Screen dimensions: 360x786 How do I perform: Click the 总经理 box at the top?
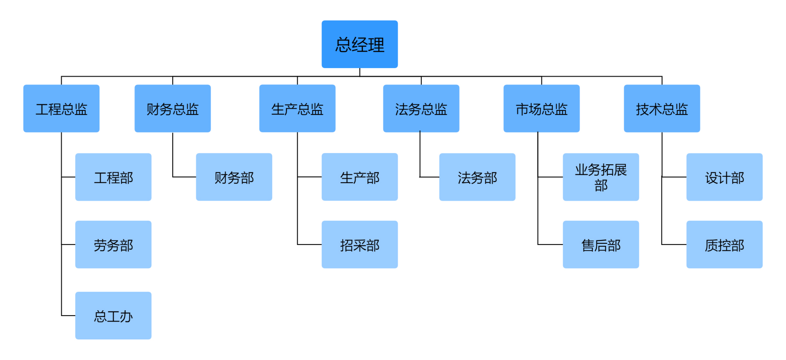pyautogui.click(x=360, y=44)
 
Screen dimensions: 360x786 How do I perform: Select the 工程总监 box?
pyautogui.click(x=61, y=109)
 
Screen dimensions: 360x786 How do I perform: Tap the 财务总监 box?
pyautogui.click(x=173, y=109)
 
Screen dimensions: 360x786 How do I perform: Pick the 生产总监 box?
pyautogui.click(x=297, y=109)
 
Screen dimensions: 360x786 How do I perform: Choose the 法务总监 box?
pyautogui.click(x=421, y=109)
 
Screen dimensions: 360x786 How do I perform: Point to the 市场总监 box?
pyautogui.click(x=541, y=109)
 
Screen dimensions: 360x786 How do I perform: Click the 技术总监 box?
pyautogui.click(x=662, y=109)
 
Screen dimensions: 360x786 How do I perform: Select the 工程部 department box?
pyautogui.click(x=113, y=177)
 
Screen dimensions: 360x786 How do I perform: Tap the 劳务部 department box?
pyautogui.click(x=113, y=245)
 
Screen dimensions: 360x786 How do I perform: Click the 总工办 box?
pyautogui.click(x=113, y=316)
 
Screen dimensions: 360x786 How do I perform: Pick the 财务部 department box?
pyautogui.click(x=234, y=177)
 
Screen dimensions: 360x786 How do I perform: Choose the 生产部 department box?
pyautogui.click(x=360, y=177)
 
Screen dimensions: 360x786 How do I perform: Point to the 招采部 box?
pyautogui.click(x=360, y=245)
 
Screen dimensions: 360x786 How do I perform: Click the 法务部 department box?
pyautogui.click(x=477, y=177)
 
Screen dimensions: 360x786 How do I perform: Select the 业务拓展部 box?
pyautogui.click(x=601, y=177)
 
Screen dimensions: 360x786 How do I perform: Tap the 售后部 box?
pyautogui.click(x=601, y=245)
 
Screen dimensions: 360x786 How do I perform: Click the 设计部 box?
pyautogui.click(x=725, y=177)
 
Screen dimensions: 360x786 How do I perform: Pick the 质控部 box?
pyautogui.click(x=725, y=245)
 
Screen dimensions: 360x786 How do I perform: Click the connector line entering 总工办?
pyautogui.click(x=69, y=316)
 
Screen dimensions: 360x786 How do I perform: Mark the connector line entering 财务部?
pyautogui.click(x=184, y=177)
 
